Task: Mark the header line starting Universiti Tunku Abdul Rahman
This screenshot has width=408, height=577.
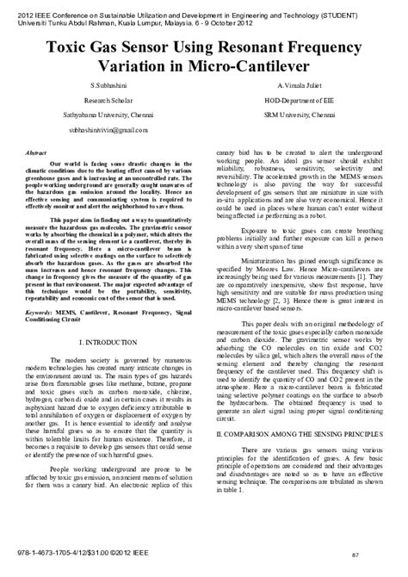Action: coord(120,16)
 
